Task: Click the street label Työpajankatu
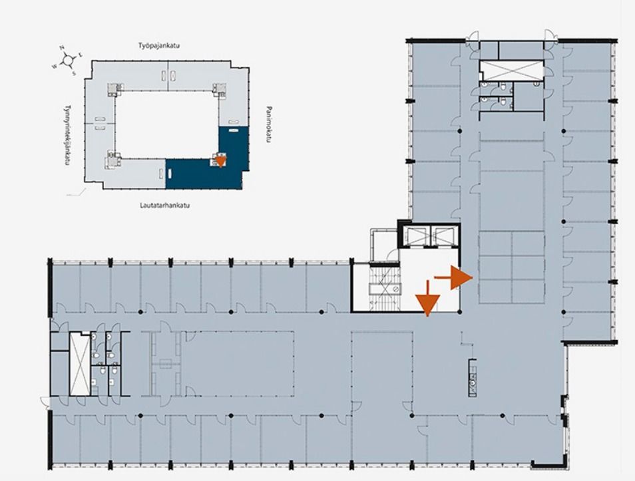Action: point(158,46)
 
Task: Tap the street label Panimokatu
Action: point(268,124)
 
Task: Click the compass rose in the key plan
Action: point(68,61)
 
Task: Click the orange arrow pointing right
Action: point(453,277)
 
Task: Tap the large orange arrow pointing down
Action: point(427,299)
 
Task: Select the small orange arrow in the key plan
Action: point(220,161)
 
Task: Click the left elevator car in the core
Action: point(416,236)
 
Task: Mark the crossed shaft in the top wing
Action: point(511,70)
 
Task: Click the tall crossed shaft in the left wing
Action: point(80,365)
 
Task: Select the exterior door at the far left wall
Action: point(45,402)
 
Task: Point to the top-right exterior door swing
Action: point(551,35)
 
